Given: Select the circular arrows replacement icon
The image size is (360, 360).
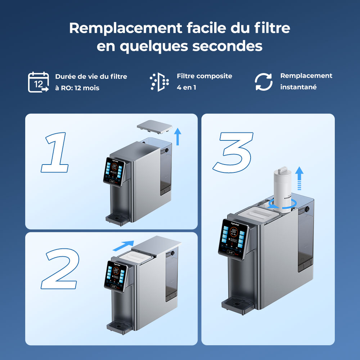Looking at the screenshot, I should coord(264,82).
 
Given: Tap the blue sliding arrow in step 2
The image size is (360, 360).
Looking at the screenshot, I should coord(123,246).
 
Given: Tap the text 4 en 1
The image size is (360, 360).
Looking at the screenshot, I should coord(186,87).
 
